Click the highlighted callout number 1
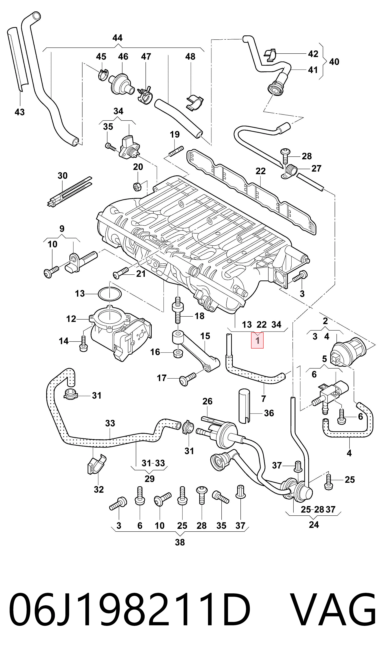pyautogui.click(x=257, y=340)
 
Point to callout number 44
pyautogui.click(x=117, y=38)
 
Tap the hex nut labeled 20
pyautogui.click(x=137, y=187)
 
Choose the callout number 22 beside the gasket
pyautogui.click(x=261, y=171)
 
